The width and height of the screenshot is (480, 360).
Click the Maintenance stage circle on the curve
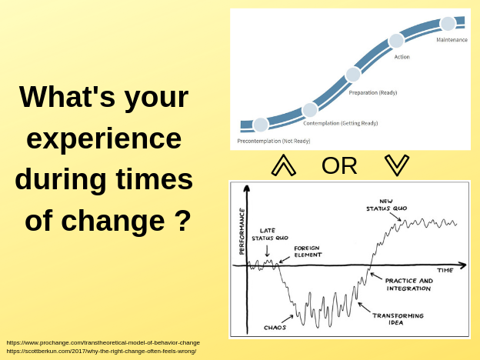(x=448, y=24)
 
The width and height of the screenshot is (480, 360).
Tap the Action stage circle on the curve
(x=396, y=41)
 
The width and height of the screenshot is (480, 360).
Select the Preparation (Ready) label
(x=373, y=92)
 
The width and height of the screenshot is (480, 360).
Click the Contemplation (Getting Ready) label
(x=341, y=123)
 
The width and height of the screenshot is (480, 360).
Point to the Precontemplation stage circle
(x=261, y=125)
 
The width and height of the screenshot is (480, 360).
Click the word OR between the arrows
(x=339, y=165)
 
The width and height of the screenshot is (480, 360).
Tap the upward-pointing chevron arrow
(x=284, y=165)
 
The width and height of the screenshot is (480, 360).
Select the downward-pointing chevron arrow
(x=397, y=165)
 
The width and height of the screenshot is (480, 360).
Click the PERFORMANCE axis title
(x=242, y=232)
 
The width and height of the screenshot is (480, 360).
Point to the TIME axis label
(x=445, y=270)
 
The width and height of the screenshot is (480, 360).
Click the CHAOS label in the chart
(x=275, y=328)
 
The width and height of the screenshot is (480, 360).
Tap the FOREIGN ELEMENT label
(x=308, y=252)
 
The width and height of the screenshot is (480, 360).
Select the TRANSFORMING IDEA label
(x=398, y=318)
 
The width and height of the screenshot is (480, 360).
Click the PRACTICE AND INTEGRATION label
(x=409, y=285)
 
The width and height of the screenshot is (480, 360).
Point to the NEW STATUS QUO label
(x=387, y=205)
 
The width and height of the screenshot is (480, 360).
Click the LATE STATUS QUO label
(x=270, y=234)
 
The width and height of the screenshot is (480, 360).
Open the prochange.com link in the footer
(x=103, y=342)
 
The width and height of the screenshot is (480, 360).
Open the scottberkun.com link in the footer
(x=102, y=351)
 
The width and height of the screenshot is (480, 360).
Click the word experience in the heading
(x=104, y=138)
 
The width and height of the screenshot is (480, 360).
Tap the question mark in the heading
(x=183, y=220)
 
